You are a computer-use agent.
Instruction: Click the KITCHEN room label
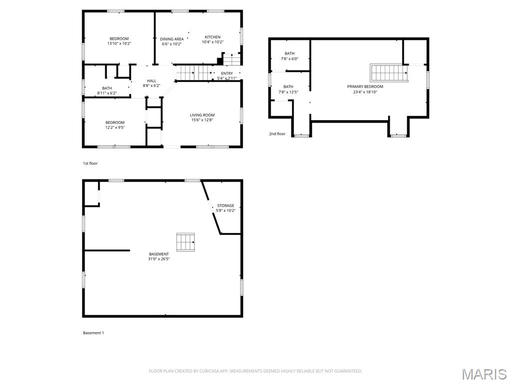(213, 37)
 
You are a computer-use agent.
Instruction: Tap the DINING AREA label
(172, 39)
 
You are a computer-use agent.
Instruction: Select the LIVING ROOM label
(202, 115)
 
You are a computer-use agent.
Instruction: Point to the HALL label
(152, 80)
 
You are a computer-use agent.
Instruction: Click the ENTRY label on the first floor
(227, 73)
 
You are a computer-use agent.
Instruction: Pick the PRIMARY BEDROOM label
(365, 86)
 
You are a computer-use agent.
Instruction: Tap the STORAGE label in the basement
(226, 205)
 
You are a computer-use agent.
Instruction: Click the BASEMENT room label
(159, 254)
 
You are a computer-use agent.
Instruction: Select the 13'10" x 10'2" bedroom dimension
(119, 43)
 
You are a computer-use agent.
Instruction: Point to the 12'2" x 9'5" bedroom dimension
(115, 127)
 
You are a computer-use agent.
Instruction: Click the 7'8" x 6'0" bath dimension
(289, 59)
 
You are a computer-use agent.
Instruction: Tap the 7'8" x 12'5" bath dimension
(288, 92)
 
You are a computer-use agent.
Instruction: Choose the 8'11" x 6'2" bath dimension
(107, 93)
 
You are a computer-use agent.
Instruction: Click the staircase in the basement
(186, 242)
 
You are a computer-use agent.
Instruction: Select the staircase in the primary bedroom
(388, 73)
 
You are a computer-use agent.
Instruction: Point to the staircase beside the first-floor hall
(195, 72)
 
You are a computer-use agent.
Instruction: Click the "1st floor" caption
(90, 163)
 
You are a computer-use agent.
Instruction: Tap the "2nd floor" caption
(277, 133)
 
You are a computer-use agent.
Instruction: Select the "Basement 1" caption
(93, 332)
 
